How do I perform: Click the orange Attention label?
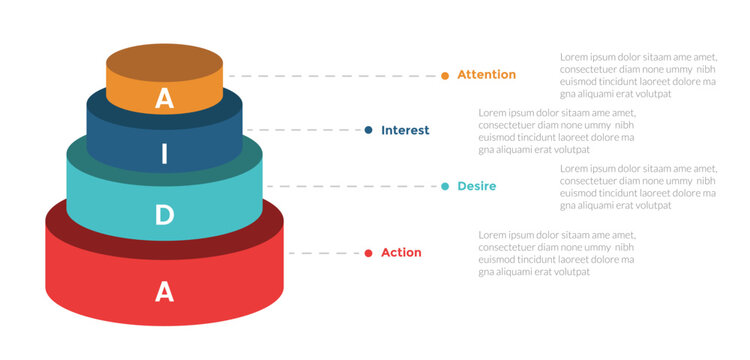(x=486, y=75)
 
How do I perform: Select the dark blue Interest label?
(x=405, y=130)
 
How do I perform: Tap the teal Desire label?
(x=476, y=186)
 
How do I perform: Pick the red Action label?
(x=401, y=253)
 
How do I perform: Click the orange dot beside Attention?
(x=445, y=75)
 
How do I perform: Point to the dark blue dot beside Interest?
(x=369, y=130)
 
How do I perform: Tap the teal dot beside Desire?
(x=445, y=186)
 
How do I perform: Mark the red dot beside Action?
(x=369, y=253)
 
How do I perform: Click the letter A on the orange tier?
(x=165, y=98)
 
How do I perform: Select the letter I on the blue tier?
(x=165, y=155)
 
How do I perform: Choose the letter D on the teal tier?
(x=165, y=214)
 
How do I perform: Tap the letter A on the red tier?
(x=165, y=291)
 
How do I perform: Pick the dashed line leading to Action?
(x=325, y=253)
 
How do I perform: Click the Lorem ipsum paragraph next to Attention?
(x=637, y=75)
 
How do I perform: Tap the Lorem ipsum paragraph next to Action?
(x=556, y=253)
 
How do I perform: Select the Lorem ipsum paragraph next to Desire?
(x=637, y=186)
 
